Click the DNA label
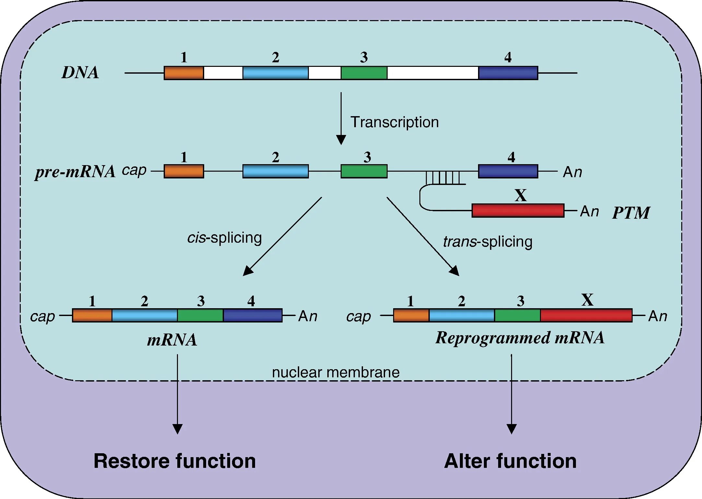(x=80, y=72)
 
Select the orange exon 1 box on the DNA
(x=184, y=73)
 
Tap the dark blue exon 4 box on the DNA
(x=508, y=73)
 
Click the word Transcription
(x=395, y=122)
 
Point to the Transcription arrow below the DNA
(x=341, y=118)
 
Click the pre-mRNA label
(x=75, y=172)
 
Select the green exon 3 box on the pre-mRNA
(x=364, y=171)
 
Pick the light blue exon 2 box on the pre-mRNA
(x=275, y=171)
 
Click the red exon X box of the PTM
(x=518, y=211)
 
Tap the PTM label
(x=631, y=213)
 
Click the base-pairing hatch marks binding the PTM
(x=443, y=178)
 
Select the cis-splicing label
(x=225, y=237)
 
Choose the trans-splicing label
(x=488, y=242)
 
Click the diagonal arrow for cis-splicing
(x=282, y=237)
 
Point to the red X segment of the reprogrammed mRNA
(x=586, y=315)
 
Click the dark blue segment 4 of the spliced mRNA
(x=253, y=315)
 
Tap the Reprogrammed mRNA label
(x=520, y=338)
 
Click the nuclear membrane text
(x=336, y=372)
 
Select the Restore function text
(x=175, y=461)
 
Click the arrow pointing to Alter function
(x=511, y=394)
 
